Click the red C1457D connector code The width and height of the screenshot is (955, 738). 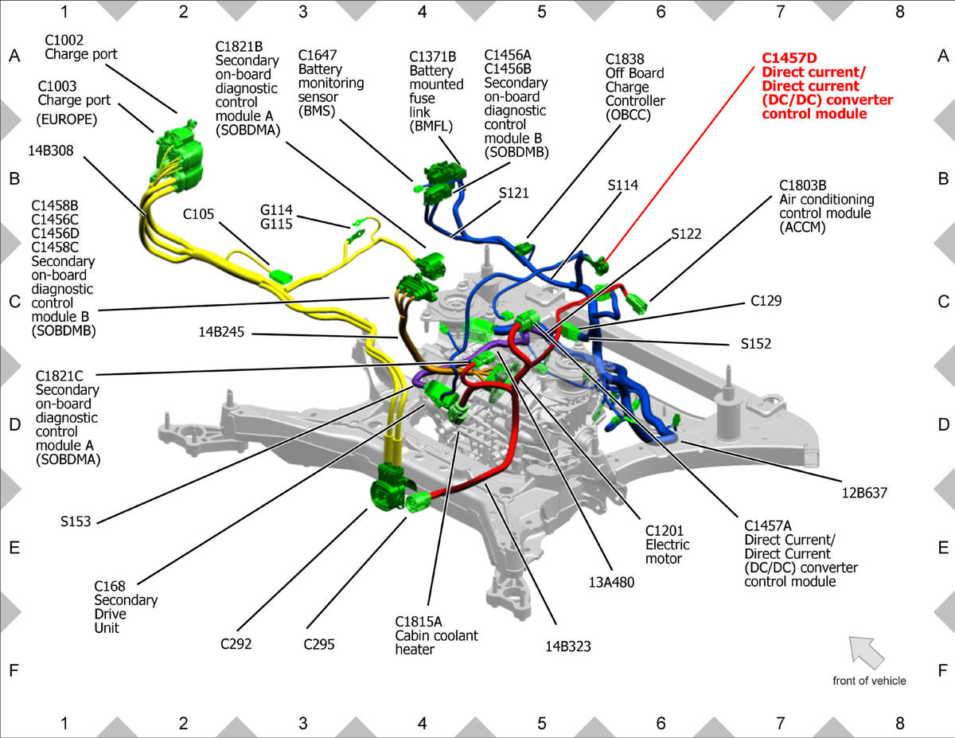pos(789,58)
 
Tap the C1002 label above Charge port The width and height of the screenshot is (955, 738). pos(64,40)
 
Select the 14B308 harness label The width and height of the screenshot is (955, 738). pos(51,150)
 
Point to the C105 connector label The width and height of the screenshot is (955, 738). pos(198,214)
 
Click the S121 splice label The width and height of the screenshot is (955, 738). pos(514,193)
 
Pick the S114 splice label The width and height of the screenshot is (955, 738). pos(623,185)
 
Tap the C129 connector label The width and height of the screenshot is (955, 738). pos(766,301)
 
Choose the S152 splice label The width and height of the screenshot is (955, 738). pos(756,343)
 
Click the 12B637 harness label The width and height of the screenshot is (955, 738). pos(864,493)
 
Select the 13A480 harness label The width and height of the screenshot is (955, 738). pos(611,583)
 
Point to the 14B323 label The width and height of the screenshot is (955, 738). pos(567,646)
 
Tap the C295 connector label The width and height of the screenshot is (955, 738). pos(319,644)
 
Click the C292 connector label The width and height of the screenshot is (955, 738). pos(236,643)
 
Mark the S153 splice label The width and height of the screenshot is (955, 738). pos(76,521)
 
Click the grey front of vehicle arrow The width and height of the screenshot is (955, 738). pos(865,652)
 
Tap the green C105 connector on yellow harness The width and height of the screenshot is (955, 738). pos(280,276)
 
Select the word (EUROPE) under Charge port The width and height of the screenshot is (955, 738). pos(66,119)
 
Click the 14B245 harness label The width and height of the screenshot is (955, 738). pos(221,332)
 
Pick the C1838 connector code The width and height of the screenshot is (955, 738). pos(625,59)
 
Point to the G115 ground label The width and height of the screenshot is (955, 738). pos(276,225)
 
